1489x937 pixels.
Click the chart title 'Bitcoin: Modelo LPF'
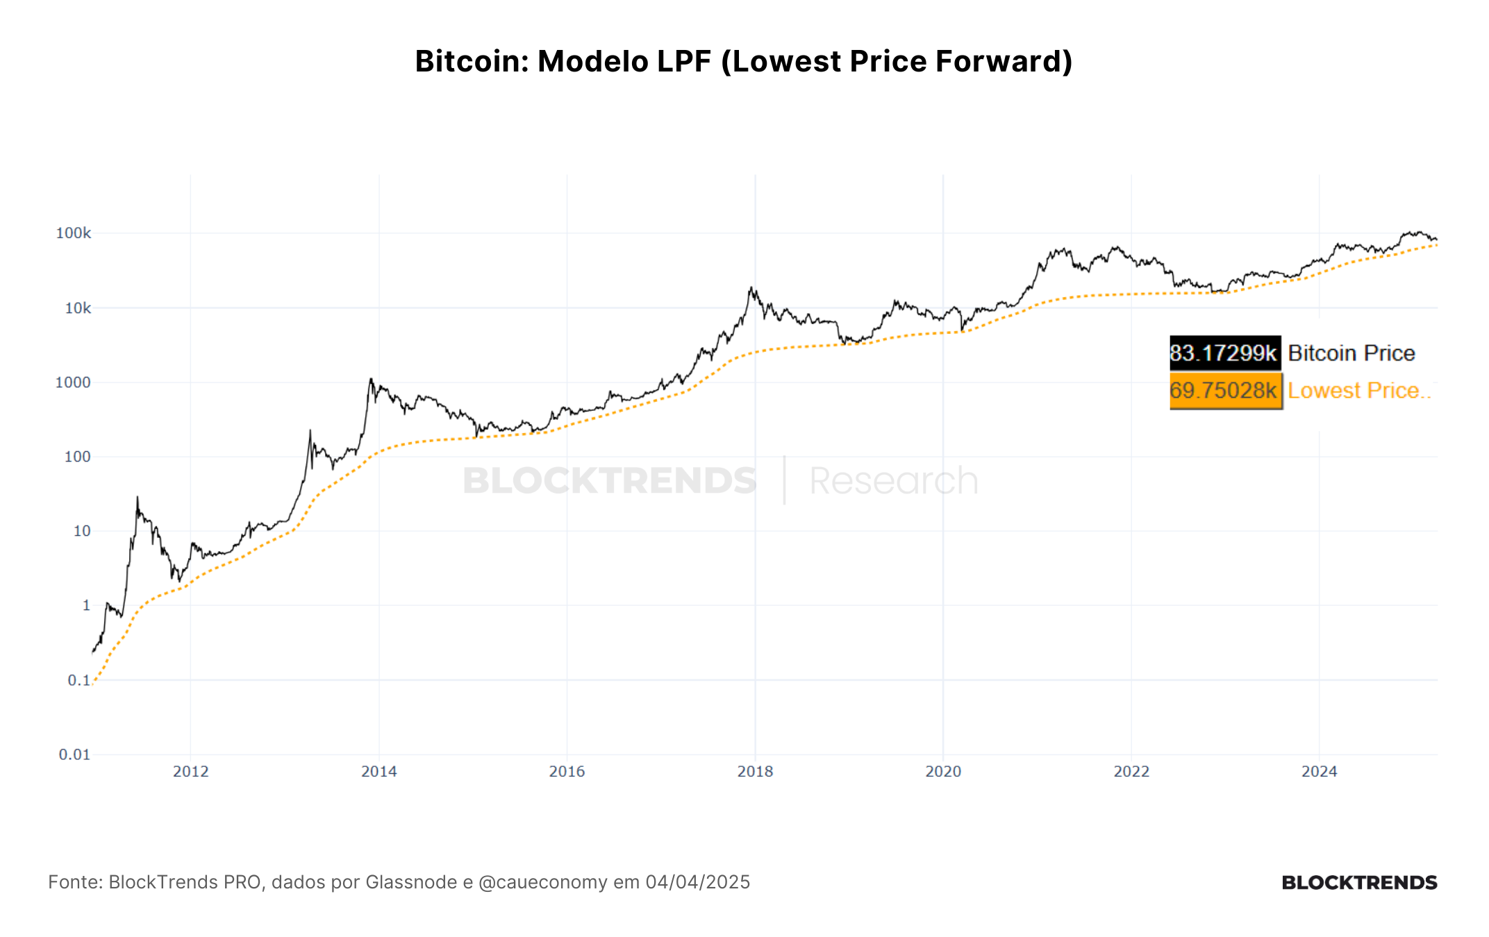[563, 61]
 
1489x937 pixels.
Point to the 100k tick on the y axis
[74, 233]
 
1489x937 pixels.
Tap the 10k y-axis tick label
[78, 308]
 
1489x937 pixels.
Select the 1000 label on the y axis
[73, 382]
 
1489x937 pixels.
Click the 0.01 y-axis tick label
[75, 754]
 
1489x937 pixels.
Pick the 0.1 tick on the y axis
[79, 680]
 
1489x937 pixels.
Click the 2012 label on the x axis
[191, 771]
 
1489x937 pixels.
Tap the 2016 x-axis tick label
[567, 771]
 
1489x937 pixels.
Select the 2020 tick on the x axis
[943, 771]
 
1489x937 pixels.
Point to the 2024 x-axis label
[1320, 771]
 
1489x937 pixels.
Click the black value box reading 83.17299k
[1225, 353]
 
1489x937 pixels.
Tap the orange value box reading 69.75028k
[1225, 391]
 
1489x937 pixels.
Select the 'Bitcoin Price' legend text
[1351, 353]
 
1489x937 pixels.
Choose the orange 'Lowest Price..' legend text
[1359, 391]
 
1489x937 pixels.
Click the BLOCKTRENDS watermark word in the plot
[610, 481]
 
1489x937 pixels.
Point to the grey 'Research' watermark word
[895, 481]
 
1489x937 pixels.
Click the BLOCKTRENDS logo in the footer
[1359, 883]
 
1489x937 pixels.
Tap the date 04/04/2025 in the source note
[698, 882]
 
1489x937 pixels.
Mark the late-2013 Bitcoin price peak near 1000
[371, 379]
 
